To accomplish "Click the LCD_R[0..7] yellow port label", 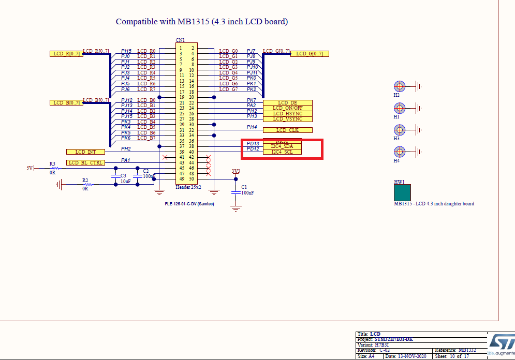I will click(x=66, y=54).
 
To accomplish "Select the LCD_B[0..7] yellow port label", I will click(x=66, y=103).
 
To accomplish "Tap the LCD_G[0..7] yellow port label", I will click(x=310, y=54).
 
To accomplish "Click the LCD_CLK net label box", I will click(x=288, y=130).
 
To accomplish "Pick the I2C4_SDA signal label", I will click(x=282, y=146).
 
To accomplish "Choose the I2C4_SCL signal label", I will click(x=282, y=152).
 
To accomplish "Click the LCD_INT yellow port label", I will click(x=85, y=152).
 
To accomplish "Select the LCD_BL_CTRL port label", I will click(x=85, y=163).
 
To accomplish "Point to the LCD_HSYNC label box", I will click(x=288, y=113).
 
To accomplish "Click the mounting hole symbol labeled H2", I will click(x=399, y=86).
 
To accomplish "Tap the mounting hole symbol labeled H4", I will click(x=399, y=152).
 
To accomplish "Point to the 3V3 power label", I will click(x=236, y=171).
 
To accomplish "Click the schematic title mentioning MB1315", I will click(x=201, y=22).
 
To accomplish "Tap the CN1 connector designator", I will click(x=180, y=40).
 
